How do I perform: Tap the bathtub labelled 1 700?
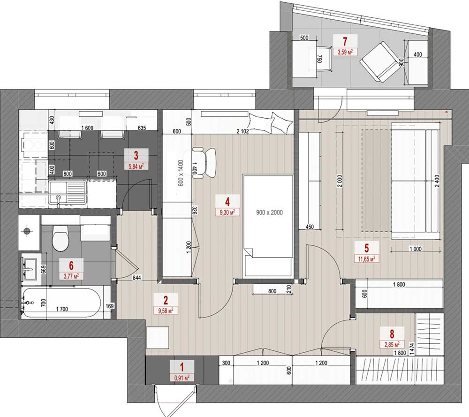point(61,303)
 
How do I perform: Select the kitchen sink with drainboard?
point(68,193)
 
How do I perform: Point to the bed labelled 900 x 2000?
point(268,226)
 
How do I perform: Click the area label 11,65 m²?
point(367,258)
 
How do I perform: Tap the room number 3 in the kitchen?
point(136,156)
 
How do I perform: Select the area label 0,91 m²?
point(182,378)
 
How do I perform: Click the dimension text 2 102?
point(242,131)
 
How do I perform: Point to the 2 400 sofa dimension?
point(438,181)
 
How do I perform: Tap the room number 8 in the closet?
point(392,334)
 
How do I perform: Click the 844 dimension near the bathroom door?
point(136,278)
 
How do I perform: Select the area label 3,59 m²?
point(345,53)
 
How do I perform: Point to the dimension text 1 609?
point(87,128)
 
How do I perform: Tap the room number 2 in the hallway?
point(166,300)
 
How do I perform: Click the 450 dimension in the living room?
point(310,227)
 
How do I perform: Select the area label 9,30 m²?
point(227,212)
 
